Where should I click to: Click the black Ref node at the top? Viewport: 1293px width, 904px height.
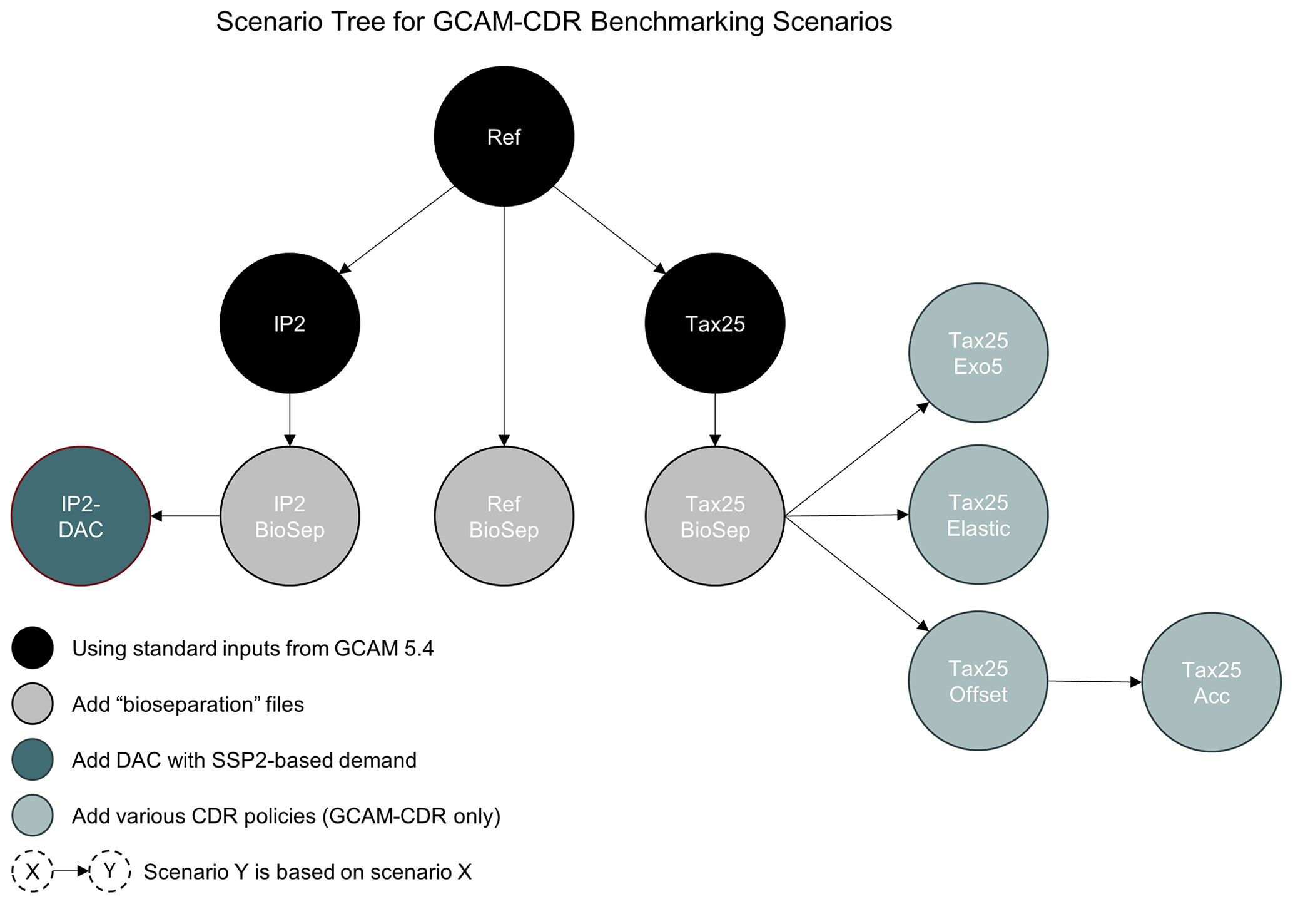(x=504, y=136)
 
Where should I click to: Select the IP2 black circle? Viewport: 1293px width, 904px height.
(x=290, y=323)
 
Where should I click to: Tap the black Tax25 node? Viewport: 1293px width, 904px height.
(x=715, y=323)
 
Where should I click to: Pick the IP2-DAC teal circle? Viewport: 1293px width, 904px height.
(x=81, y=516)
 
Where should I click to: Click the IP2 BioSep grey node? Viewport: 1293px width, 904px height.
(x=290, y=516)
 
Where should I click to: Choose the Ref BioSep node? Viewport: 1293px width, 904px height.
(x=504, y=516)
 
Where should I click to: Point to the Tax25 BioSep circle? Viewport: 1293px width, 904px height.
(x=715, y=516)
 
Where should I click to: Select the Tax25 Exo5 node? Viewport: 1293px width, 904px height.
(x=978, y=352)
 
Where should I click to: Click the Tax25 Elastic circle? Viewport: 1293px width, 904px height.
(x=978, y=515)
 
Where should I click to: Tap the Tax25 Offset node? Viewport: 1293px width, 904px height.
(x=978, y=681)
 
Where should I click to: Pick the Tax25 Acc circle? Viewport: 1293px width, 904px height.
(x=1211, y=682)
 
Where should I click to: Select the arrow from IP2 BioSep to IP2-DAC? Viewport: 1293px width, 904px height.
(x=186, y=516)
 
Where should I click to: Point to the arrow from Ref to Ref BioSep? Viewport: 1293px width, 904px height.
(x=504, y=326)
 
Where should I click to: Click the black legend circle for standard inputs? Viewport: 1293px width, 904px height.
(x=33, y=648)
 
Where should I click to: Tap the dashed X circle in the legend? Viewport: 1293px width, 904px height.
(x=33, y=871)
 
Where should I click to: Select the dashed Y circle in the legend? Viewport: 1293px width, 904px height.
(x=109, y=871)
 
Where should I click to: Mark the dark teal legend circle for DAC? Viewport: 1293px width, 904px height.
(x=33, y=759)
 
